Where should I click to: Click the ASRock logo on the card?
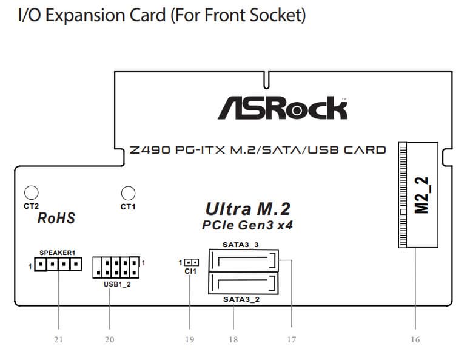283,107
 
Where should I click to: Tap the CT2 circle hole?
31,193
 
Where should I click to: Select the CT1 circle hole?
127,193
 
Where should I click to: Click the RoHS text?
56,218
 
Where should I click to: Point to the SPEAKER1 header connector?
58,264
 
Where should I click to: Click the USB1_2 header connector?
116,267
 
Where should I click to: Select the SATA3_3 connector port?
243,261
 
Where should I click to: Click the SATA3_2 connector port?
243,283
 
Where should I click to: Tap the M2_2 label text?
421,195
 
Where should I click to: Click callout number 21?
58,339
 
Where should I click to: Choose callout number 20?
109,339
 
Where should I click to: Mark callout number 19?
190,339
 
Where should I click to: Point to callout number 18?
233,339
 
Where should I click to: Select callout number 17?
291,339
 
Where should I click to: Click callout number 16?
415,339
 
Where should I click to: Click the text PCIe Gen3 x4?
247,225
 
